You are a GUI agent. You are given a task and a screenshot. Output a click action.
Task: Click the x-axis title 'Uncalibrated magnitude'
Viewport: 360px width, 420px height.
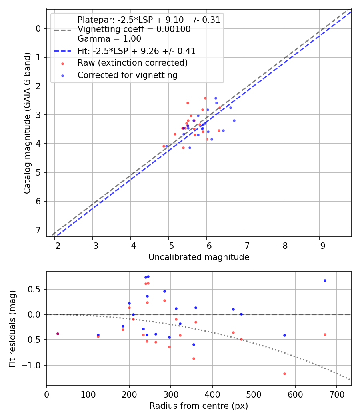click(x=199, y=257)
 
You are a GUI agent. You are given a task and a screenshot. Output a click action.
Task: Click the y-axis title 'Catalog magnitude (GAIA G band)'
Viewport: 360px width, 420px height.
click(x=27, y=122)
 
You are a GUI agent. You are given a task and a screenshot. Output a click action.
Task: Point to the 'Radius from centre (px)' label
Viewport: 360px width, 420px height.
click(x=199, y=406)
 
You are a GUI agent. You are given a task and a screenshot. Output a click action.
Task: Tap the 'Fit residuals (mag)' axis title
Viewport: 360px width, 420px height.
click(x=13, y=328)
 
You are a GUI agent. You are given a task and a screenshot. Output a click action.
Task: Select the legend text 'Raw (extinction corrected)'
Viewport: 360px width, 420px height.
click(x=132, y=63)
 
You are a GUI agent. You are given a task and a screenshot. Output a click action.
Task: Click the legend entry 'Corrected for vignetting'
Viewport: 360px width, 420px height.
click(x=127, y=75)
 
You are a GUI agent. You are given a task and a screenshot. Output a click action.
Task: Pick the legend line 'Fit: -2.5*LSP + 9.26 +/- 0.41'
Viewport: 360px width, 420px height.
click(x=136, y=51)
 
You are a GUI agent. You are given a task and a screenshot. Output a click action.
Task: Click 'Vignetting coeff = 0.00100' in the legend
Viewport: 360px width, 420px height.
click(x=134, y=29)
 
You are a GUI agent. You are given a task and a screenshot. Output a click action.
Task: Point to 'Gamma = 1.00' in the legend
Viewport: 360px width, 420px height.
click(x=109, y=39)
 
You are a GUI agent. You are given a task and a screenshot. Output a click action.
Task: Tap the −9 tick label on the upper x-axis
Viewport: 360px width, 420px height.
click(x=320, y=245)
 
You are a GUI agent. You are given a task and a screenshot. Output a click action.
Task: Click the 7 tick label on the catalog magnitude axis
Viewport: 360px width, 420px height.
click(x=38, y=230)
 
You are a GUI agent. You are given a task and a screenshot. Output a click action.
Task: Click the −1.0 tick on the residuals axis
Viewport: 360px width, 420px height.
click(x=33, y=365)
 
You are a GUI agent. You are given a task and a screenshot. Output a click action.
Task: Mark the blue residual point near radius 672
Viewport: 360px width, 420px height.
click(x=325, y=280)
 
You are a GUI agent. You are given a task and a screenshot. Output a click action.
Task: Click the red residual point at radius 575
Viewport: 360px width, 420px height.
click(x=284, y=374)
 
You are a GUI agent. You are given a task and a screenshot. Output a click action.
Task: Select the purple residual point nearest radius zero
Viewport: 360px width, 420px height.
click(x=58, y=334)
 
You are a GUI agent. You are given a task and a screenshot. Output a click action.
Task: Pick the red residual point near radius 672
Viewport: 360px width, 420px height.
click(x=325, y=334)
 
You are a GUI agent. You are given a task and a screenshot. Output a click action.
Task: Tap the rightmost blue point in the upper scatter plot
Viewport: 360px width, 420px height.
click(x=234, y=120)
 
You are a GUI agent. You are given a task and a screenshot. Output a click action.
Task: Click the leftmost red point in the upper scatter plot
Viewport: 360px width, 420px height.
click(x=163, y=146)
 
